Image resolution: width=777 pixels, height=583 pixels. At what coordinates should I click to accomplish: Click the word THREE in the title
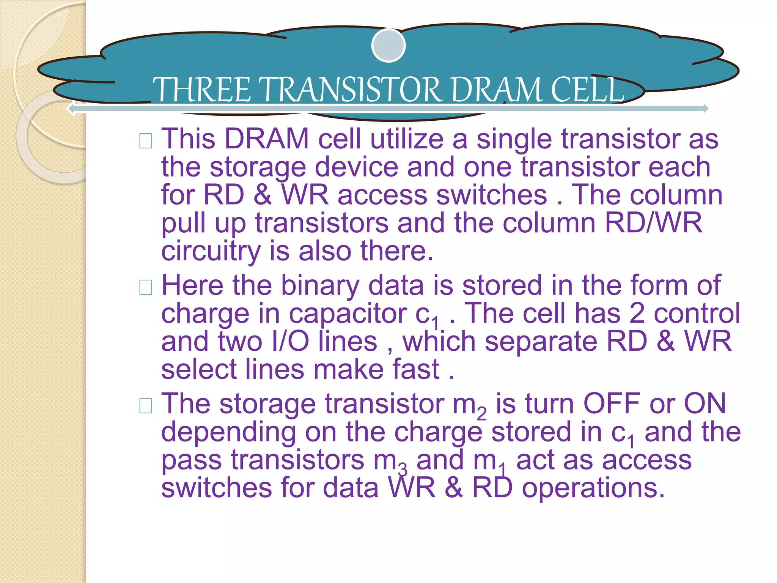pyautogui.click(x=201, y=90)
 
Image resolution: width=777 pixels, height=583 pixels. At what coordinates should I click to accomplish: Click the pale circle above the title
pyautogui.click(x=388, y=46)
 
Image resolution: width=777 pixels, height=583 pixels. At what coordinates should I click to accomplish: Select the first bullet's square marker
pyautogui.click(x=146, y=141)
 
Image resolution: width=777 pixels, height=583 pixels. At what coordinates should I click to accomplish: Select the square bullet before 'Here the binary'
pyautogui.click(x=146, y=287)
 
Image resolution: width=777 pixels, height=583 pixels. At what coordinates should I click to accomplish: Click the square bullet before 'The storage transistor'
pyautogui.click(x=146, y=406)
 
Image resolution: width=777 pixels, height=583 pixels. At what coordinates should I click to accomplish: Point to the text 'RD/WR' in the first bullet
pyautogui.click(x=653, y=223)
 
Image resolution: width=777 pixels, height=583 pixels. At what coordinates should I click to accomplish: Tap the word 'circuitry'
pyautogui.click(x=211, y=251)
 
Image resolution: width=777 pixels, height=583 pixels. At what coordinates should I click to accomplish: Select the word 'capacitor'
pyautogui.click(x=348, y=314)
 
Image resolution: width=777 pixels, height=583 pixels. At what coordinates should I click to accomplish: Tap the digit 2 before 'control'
pyautogui.click(x=637, y=314)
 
